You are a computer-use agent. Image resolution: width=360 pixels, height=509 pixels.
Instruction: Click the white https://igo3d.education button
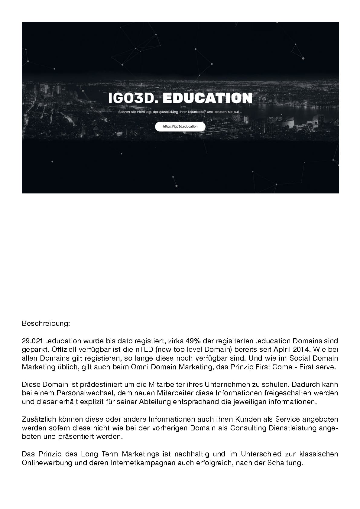[x=180, y=127]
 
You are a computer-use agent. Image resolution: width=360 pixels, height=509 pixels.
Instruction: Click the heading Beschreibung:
[x=46, y=324]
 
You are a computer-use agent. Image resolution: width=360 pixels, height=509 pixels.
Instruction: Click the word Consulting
[x=248, y=428]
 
